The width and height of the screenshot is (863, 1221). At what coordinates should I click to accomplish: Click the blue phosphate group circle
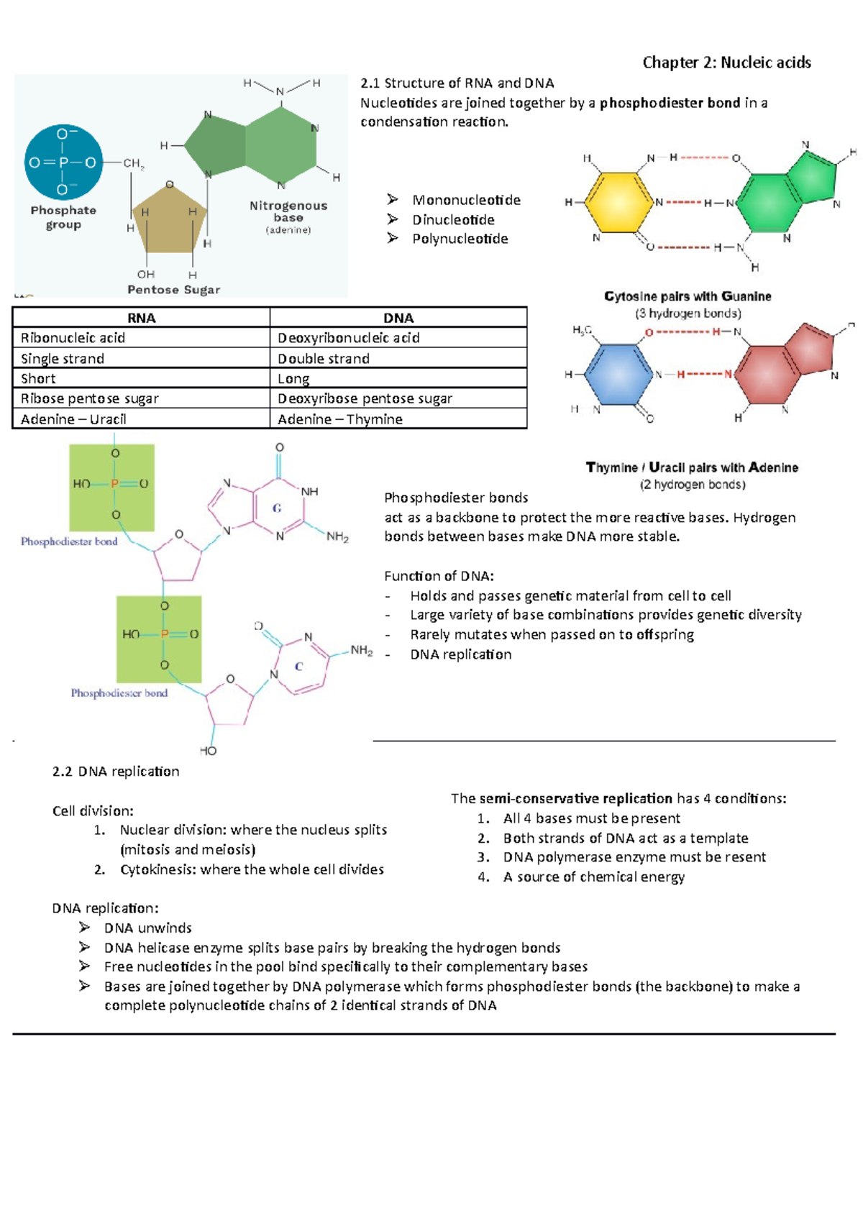click(63, 162)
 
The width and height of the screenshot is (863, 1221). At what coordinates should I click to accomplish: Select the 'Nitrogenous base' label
click(288, 211)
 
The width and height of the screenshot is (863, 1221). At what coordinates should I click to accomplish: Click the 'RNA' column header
click(141, 318)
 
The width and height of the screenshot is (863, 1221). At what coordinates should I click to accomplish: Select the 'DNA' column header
click(398, 318)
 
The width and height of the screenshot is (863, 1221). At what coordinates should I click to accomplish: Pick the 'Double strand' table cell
click(324, 358)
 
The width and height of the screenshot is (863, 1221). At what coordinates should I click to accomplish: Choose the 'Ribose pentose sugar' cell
click(89, 398)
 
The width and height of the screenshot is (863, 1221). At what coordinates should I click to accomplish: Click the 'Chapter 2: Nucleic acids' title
click(726, 63)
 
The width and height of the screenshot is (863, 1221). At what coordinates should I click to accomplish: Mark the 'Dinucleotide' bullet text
click(453, 219)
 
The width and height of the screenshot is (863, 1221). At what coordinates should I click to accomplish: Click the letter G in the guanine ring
click(277, 508)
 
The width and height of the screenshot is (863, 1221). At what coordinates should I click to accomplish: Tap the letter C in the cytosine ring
click(298, 667)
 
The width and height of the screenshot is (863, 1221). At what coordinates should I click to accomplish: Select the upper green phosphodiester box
click(111, 487)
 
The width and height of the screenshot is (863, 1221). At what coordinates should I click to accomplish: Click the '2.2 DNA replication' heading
click(116, 771)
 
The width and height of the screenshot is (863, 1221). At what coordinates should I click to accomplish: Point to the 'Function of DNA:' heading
click(439, 575)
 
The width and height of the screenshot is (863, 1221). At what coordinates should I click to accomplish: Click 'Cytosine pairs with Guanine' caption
click(688, 296)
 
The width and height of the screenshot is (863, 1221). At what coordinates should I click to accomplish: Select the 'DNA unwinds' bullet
click(147, 928)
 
